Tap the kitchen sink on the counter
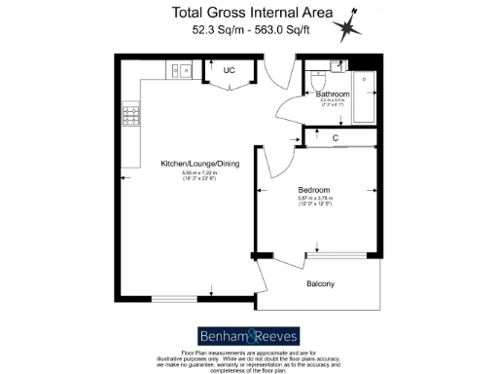pyautogui.click(x=181, y=70)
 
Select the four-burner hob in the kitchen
pyautogui.click(x=128, y=116)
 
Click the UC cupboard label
pyautogui.click(x=230, y=71)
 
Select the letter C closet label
pyautogui.click(x=335, y=137)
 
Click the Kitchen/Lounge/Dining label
pyautogui.click(x=198, y=164)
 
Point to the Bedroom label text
pyautogui.click(x=313, y=189)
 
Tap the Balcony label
pyautogui.click(x=320, y=284)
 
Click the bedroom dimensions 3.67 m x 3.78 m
pyautogui.click(x=313, y=201)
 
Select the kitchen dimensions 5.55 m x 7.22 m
pyautogui.click(x=198, y=175)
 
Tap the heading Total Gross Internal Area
pyautogui.click(x=251, y=13)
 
